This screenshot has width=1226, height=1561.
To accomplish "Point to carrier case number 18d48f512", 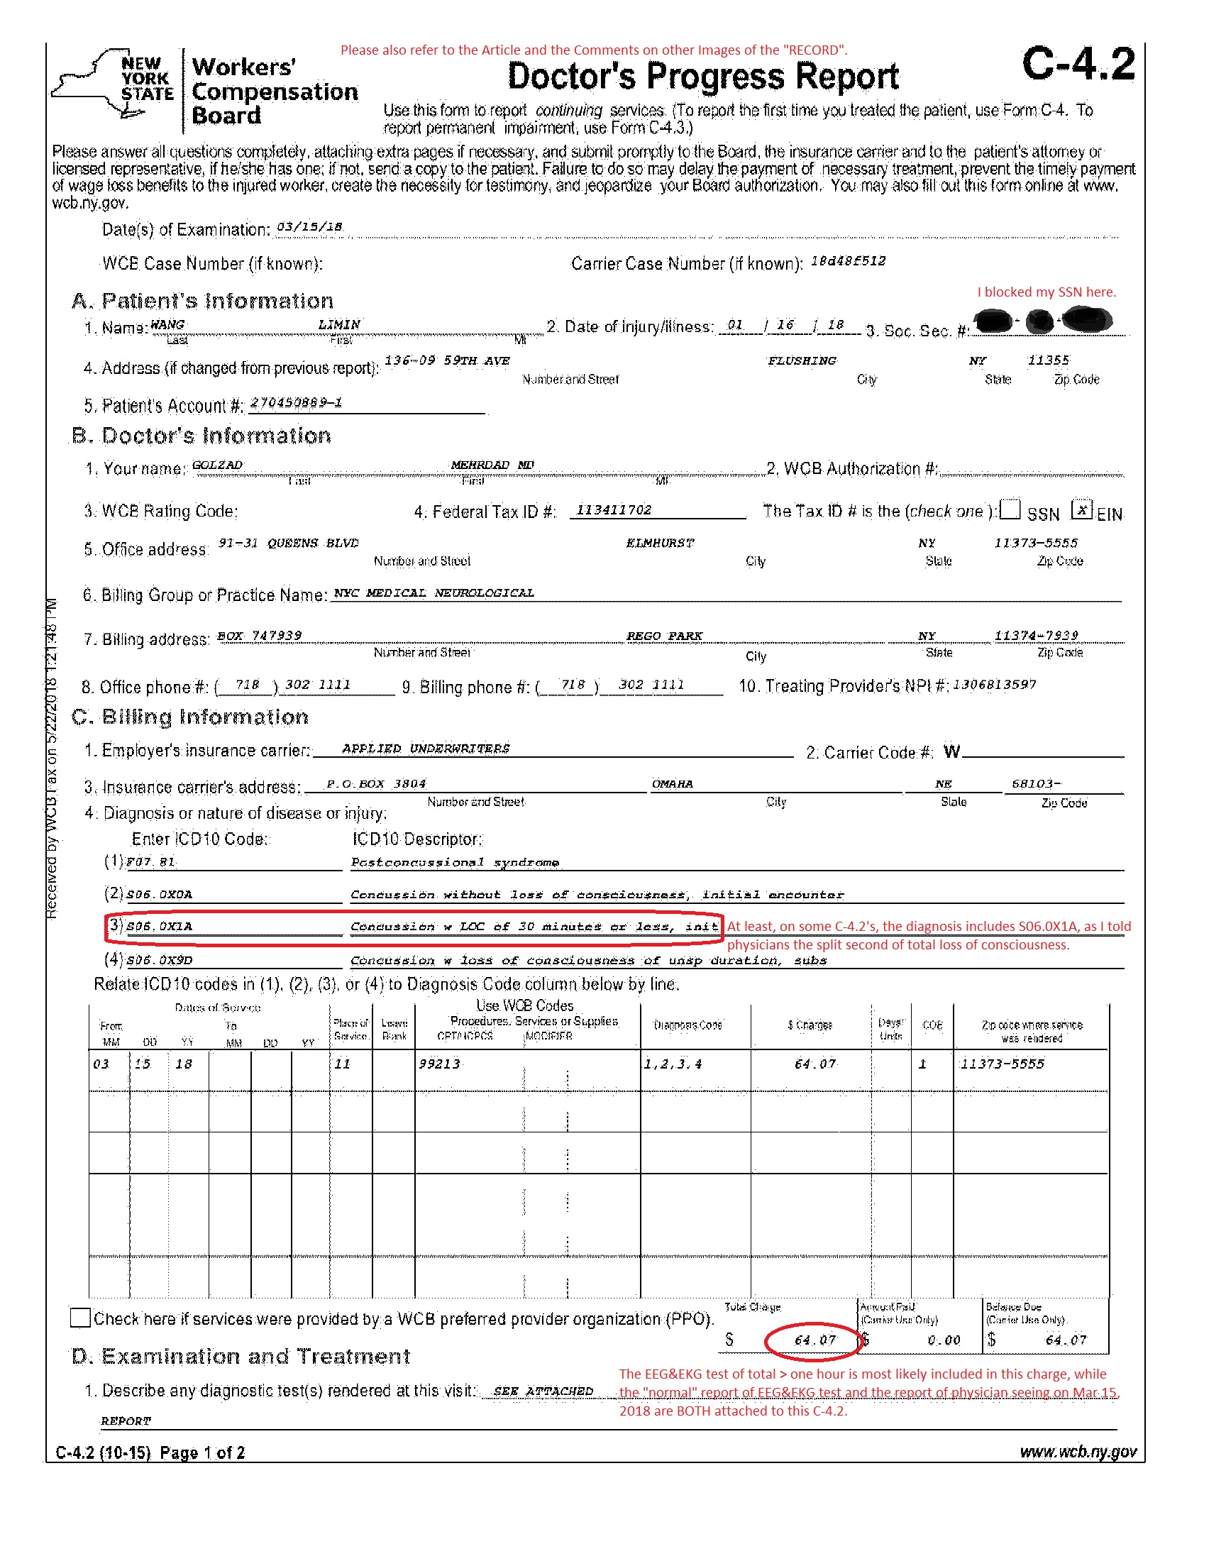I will pos(848,260).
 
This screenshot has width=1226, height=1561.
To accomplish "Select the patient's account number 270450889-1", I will pos(296,402).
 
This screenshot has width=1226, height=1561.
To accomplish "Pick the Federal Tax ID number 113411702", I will pos(614,509).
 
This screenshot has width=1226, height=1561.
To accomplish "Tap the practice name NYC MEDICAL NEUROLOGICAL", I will pos(433,592).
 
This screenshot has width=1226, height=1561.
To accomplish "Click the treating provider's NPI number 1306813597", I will pos(994,685).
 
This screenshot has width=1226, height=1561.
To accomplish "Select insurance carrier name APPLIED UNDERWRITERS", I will pos(426,749).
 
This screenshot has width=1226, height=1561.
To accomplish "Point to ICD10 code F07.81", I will pos(150,862).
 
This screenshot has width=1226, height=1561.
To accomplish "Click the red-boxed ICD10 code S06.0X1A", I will pos(160,927).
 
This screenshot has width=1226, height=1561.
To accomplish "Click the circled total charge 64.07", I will pos(814,1340).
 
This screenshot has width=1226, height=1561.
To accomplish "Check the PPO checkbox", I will pos(80,1318).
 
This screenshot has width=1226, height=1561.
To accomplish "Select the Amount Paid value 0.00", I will pos(943,1340).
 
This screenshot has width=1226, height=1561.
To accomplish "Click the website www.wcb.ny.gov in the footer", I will pos(1078,1452).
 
